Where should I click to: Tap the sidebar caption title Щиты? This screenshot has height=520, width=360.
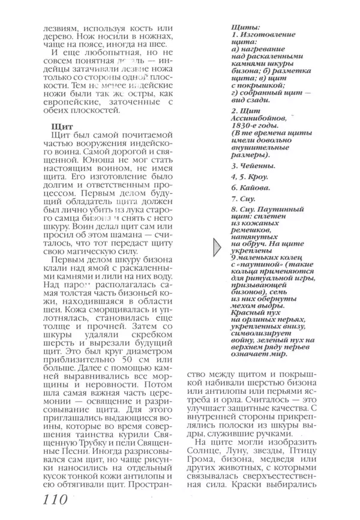point(245,28)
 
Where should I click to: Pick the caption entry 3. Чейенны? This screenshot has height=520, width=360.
point(253,165)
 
